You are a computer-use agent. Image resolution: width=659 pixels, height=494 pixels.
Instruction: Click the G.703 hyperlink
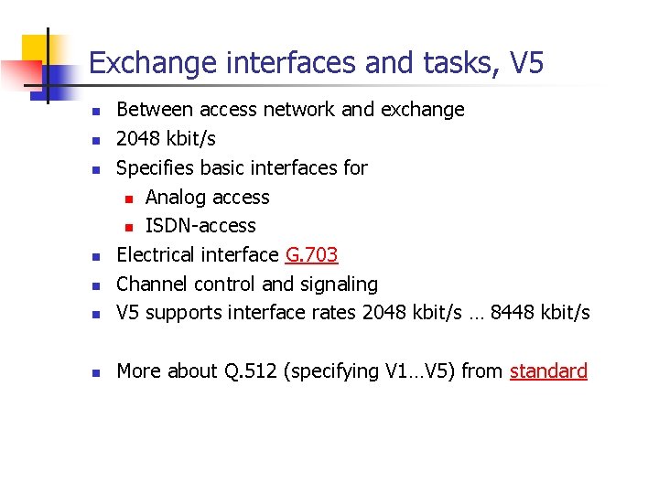point(311,254)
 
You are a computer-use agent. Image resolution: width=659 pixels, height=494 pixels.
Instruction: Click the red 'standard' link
point(548,370)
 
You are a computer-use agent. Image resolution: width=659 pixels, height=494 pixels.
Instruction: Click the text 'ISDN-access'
point(200,226)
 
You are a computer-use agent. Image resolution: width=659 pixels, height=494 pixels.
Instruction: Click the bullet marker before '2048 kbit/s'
point(94,140)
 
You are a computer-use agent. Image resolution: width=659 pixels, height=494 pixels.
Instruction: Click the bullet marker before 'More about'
point(94,372)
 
